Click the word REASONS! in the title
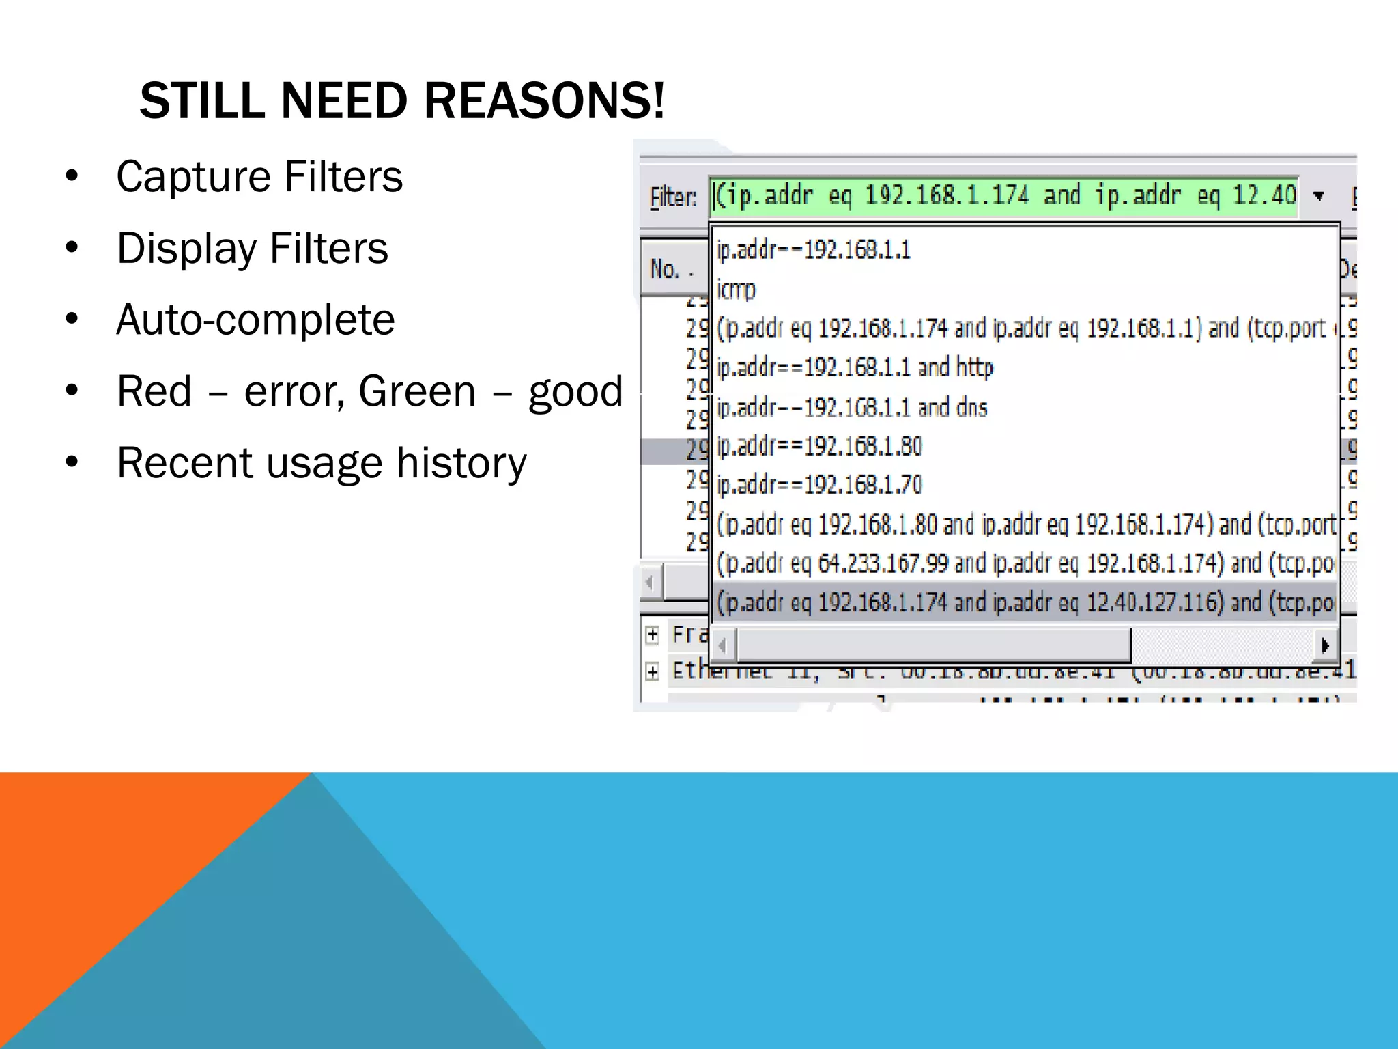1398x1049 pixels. click(x=543, y=101)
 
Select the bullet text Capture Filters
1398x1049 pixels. click(x=259, y=176)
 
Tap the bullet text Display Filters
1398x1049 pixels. click(x=252, y=248)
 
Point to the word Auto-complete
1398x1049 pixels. click(x=255, y=320)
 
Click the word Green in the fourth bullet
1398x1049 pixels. click(x=416, y=391)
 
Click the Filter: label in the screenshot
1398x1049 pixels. click(x=672, y=197)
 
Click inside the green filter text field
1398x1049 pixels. click(x=1003, y=197)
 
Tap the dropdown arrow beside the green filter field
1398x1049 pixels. click(x=1319, y=197)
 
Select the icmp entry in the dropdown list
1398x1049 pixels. click(x=736, y=289)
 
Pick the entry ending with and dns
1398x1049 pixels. click(x=852, y=407)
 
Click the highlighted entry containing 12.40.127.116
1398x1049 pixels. click(x=1024, y=602)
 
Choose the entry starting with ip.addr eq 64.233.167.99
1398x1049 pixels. click(x=1024, y=563)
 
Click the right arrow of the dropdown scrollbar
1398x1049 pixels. click(x=1325, y=645)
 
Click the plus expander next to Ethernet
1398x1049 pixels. click(x=653, y=671)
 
